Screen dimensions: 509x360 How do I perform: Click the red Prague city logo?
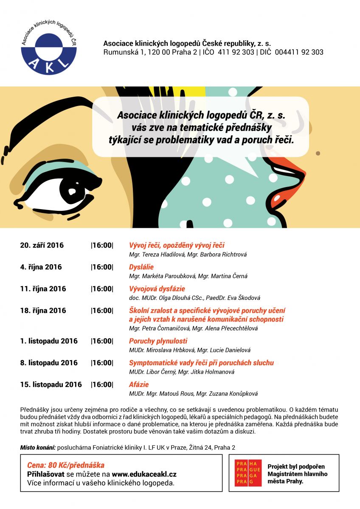248,473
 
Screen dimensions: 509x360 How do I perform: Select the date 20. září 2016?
42,245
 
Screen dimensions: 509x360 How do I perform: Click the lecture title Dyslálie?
141,267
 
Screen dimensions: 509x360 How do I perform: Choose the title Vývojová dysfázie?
157,289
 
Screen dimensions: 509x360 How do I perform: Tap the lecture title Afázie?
139,385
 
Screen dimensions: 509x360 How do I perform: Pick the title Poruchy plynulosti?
158,341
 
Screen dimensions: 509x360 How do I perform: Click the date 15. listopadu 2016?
51,385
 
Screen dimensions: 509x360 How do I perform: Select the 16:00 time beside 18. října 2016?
102,310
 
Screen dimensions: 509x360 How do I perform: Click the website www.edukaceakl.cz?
144,474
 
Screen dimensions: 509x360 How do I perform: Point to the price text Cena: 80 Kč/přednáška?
65,465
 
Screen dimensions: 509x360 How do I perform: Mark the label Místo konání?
38,447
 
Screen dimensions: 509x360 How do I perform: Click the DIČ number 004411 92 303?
299,52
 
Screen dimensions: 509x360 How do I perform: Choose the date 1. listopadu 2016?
49,341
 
